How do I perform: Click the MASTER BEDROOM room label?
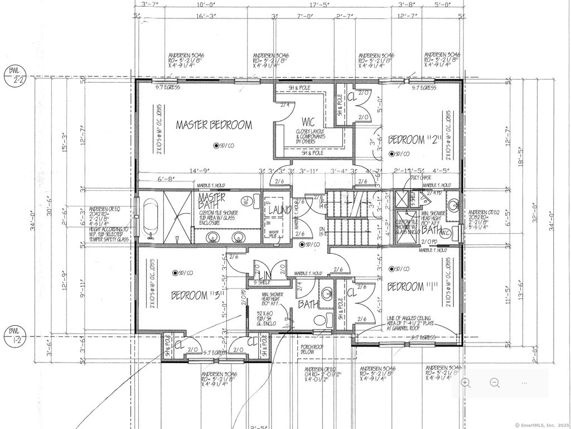click(x=214, y=125)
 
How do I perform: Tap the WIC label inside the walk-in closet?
click(x=310, y=121)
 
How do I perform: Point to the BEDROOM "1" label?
click(x=413, y=287)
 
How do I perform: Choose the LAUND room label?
click(x=277, y=210)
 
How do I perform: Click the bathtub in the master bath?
click(x=149, y=218)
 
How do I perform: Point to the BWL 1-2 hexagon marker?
click(x=14, y=335)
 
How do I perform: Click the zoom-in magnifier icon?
click(x=466, y=383)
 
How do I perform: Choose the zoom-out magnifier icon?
click(x=495, y=383)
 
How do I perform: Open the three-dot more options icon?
click(x=524, y=383)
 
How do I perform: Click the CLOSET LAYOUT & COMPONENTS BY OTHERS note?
click(x=310, y=137)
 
